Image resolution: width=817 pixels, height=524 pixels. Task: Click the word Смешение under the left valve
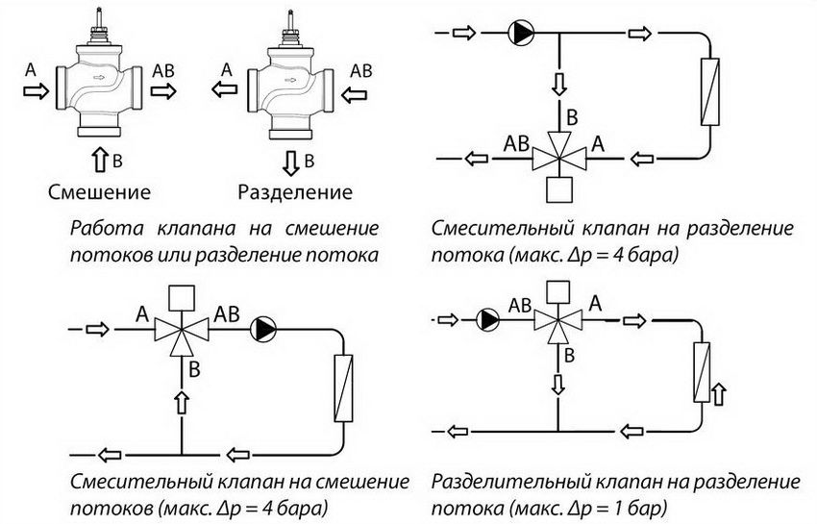coord(99,191)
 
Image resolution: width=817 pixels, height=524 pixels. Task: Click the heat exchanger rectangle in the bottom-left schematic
coord(342,388)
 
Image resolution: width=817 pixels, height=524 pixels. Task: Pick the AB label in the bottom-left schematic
coord(227,312)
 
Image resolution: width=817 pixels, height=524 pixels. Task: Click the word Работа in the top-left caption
coord(101,229)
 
